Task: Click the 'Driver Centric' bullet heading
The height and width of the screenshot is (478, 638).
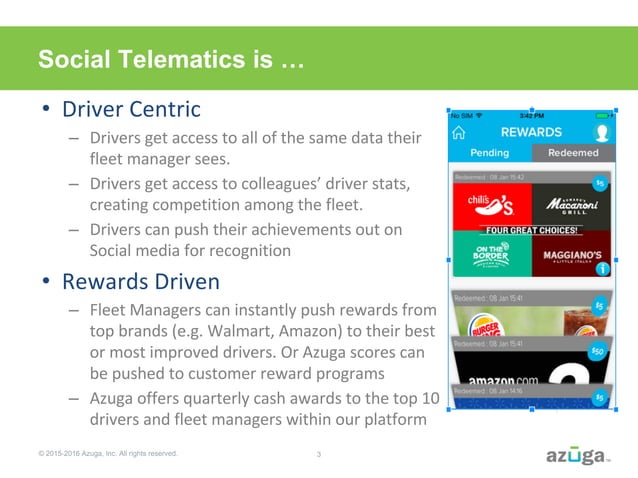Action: point(132,108)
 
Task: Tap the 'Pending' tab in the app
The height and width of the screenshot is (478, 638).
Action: point(490,153)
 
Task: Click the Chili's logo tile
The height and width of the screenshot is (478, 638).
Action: point(490,206)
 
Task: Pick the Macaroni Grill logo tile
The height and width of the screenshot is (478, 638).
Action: point(572,206)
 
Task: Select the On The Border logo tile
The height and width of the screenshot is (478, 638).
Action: point(490,255)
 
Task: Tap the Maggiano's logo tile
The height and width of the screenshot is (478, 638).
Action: point(572,255)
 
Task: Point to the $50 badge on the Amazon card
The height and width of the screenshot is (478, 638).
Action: point(598,351)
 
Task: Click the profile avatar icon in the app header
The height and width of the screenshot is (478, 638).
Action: point(602,132)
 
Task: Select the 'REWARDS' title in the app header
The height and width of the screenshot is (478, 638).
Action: point(531,132)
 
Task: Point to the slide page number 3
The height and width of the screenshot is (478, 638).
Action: point(318,455)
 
